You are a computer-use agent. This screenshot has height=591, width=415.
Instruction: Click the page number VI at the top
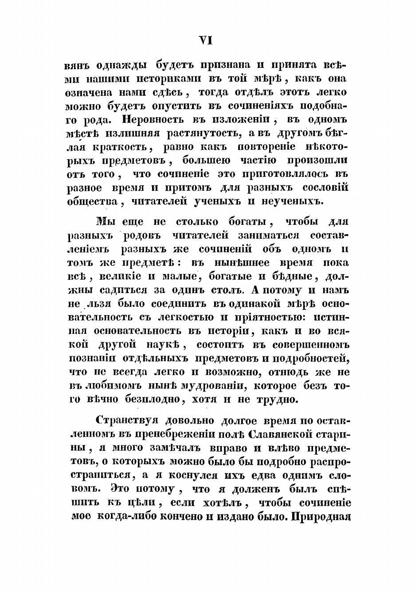[206, 40]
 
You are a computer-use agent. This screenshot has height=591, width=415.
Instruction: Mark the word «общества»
[90, 201]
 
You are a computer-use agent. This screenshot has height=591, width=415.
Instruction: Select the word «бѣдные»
[291, 277]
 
